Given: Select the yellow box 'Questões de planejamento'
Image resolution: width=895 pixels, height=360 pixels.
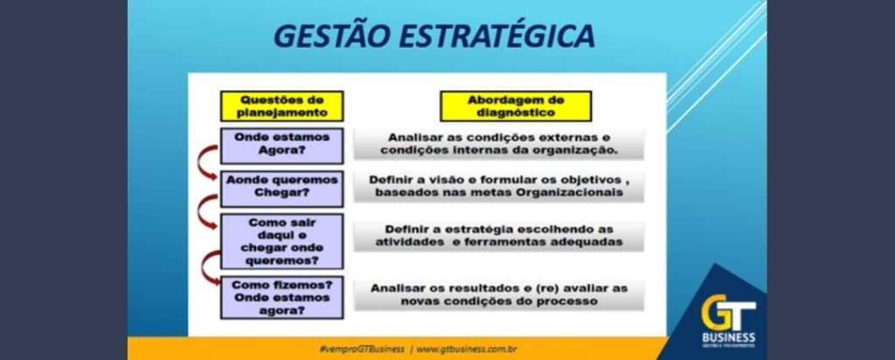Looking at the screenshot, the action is click(x=282, y=106).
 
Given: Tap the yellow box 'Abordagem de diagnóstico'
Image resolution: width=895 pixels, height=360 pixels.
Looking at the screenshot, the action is click(x=516, y=106).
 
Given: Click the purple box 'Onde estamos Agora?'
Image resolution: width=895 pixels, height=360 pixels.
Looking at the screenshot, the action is click(x=282, y=145).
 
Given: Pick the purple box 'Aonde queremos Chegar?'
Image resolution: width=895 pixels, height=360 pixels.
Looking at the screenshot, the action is click(x=282, y=188).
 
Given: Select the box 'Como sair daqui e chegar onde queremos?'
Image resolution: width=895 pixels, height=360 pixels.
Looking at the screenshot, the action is click(x=282, y=241).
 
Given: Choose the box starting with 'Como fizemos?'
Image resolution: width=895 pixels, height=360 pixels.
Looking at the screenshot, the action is click(x=282, y=297).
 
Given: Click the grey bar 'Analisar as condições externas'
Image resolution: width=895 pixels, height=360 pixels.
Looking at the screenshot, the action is click(x=499, y=144).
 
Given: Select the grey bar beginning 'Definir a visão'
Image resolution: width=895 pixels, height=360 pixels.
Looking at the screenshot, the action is click(x=499, y=186).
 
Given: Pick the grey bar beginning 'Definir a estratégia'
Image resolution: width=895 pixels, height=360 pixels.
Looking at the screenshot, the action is click(x=499, y=236).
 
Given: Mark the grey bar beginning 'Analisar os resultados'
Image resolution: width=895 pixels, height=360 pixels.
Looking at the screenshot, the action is click(x=499, y=294).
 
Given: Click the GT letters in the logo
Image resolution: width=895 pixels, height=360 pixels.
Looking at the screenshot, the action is click(x=728, y=312).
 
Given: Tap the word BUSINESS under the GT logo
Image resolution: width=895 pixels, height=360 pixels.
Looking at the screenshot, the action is click(x=728, y=337).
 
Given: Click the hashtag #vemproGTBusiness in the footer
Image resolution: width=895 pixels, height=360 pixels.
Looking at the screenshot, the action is click(x=362, y=350).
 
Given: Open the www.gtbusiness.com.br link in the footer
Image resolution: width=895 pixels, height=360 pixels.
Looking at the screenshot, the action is click(x=467, y=350).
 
